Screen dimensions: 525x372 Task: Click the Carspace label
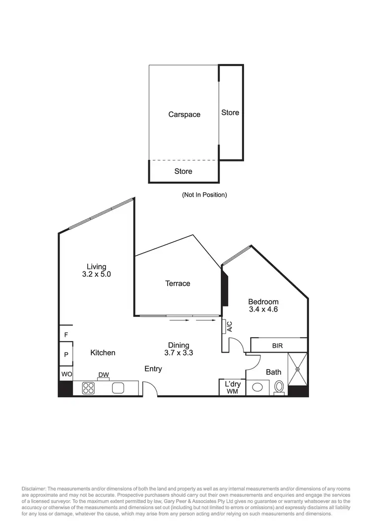pos(184,114)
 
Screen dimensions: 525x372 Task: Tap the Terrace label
pos(178,283)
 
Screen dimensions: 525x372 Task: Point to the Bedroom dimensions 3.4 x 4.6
pos(263,310)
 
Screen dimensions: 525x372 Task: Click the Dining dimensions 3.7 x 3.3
pos(178,353)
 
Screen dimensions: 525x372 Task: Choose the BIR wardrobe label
pos(277,345)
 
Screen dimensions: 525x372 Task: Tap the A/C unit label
pos(229,326)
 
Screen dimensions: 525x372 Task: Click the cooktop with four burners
pos(88,388)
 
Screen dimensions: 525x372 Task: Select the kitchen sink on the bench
pos(118,388)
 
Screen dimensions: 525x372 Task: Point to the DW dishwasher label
pos(103,375)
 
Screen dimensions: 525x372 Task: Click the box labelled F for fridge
pos(65,335)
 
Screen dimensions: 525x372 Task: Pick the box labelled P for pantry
pos(65,355)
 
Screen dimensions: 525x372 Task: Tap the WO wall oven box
pos(65,374)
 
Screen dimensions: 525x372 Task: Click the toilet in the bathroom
pos(280,387)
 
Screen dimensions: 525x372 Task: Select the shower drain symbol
pos(298,368)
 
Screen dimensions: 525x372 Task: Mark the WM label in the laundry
pos(232,392)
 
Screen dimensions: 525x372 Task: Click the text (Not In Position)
pos(204,195)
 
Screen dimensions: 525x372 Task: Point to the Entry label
pos(153,368)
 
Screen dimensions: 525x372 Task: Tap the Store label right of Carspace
pos(230,112)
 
